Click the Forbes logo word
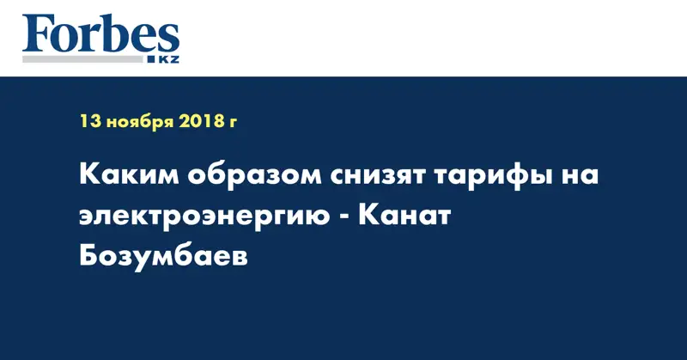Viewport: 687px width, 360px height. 100,35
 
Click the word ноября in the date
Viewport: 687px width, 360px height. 139,122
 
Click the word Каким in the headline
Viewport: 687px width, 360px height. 127,176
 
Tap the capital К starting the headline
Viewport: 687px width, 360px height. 89,176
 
